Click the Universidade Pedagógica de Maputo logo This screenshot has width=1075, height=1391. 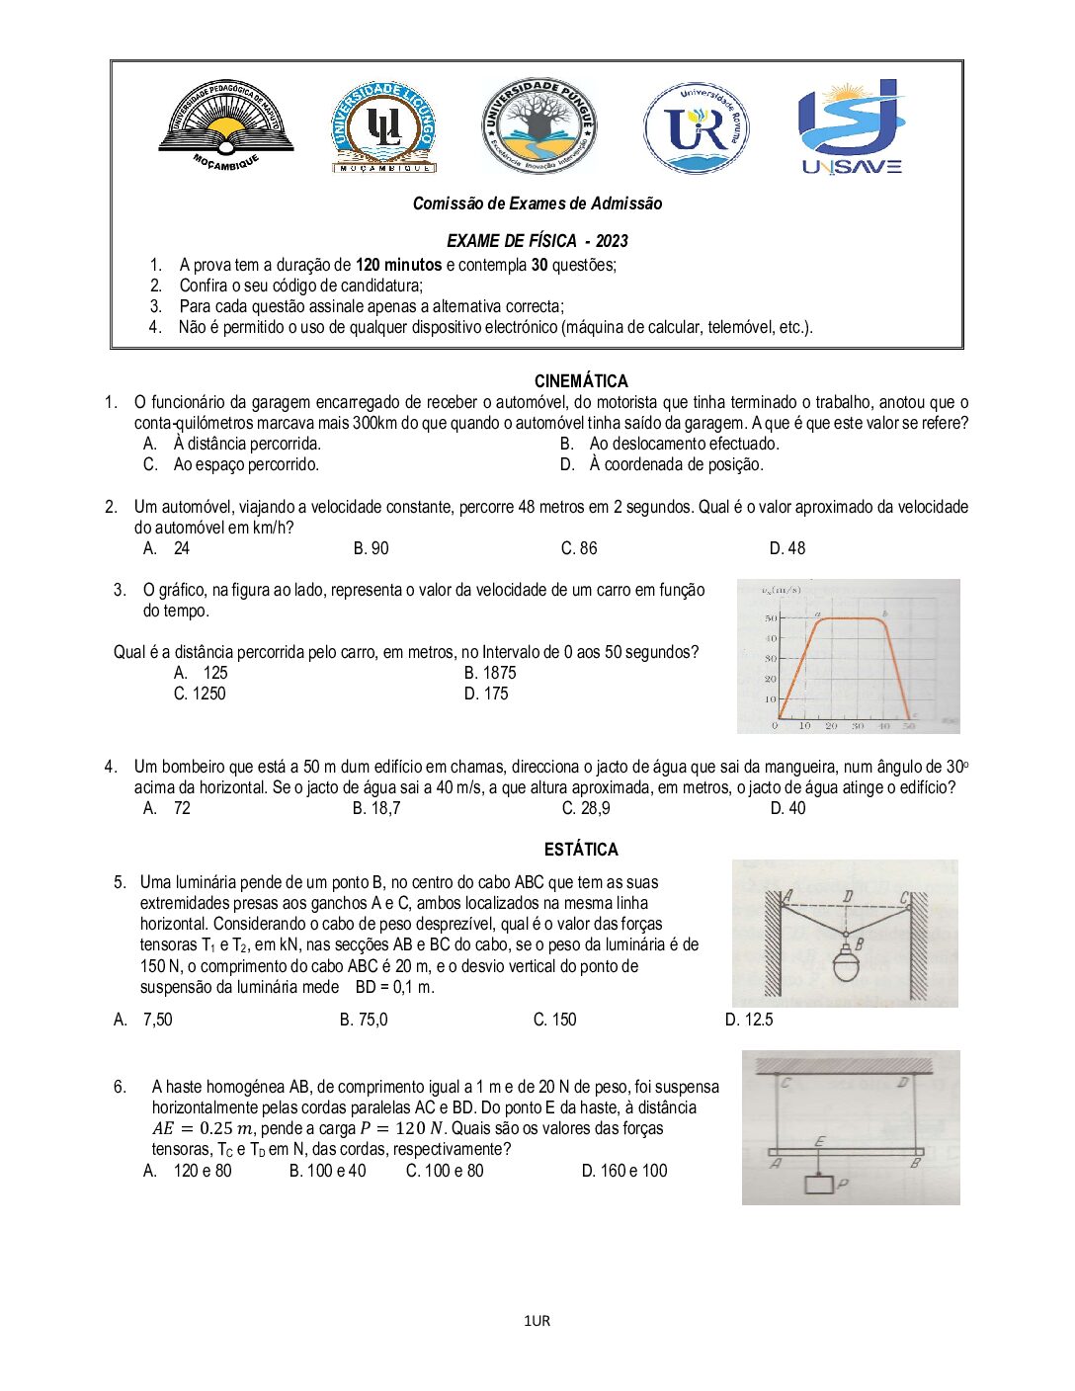[x=226, y=125]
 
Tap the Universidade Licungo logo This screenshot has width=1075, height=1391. [x=382, y=126]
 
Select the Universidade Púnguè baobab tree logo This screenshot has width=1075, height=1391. [x=538, y=125]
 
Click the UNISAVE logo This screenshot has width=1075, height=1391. [x=852, y=126]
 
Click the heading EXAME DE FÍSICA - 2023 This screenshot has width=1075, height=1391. [x=537, y=241]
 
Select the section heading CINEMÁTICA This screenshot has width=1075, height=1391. [x=581, y=381]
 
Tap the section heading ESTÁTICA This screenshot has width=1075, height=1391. [x=581, y=850]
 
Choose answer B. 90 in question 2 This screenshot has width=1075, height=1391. [x=371, y=548]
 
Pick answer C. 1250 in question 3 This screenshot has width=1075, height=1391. [x=200, y=694]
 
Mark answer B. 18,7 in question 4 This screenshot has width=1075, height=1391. [x=376, y=808]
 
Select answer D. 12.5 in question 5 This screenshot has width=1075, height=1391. [x=749, y=1020]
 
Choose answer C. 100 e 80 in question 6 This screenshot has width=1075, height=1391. [x=445, y=1171]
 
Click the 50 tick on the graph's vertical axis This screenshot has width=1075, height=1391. [x=771, y=618]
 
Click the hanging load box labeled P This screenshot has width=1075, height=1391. [x=819, y=1183]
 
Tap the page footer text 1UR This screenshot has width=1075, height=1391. [x=537, y=1321]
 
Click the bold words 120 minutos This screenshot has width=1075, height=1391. [x=398, y=265]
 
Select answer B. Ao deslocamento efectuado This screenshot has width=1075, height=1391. [x=670, y=444]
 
